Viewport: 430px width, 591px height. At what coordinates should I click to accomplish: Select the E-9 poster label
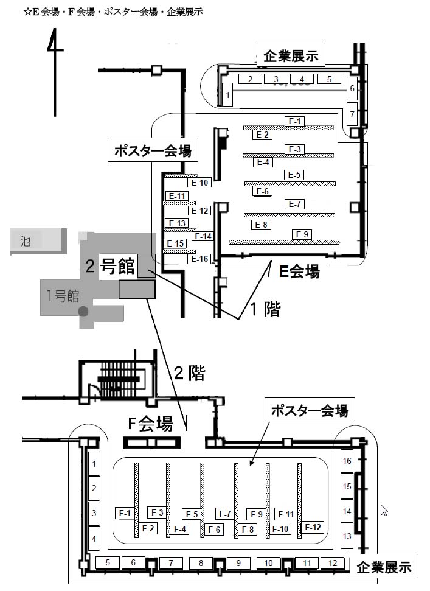[302, 235]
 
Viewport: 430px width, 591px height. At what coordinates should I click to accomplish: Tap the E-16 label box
[200, 259]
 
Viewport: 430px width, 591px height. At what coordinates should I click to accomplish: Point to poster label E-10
[199, 182]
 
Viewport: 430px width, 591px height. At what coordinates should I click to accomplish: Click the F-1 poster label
[125, 513]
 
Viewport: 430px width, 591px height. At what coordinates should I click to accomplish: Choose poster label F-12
[313, 527]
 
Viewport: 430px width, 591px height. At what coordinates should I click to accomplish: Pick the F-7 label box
[224, 513]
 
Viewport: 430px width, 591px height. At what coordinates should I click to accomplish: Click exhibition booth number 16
[347, 461]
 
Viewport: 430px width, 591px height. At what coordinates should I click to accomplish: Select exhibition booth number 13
[347, 536]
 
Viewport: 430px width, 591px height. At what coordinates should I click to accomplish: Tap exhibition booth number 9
[238, 563]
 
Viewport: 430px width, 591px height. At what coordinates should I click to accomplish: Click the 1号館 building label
[63, 296]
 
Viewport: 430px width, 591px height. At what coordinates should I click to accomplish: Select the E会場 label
[299, 272]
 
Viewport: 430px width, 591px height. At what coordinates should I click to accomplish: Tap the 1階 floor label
[265, 309]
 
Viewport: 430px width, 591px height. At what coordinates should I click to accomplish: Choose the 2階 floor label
[189, 374]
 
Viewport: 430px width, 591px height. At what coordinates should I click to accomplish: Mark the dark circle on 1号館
[83, 312]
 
